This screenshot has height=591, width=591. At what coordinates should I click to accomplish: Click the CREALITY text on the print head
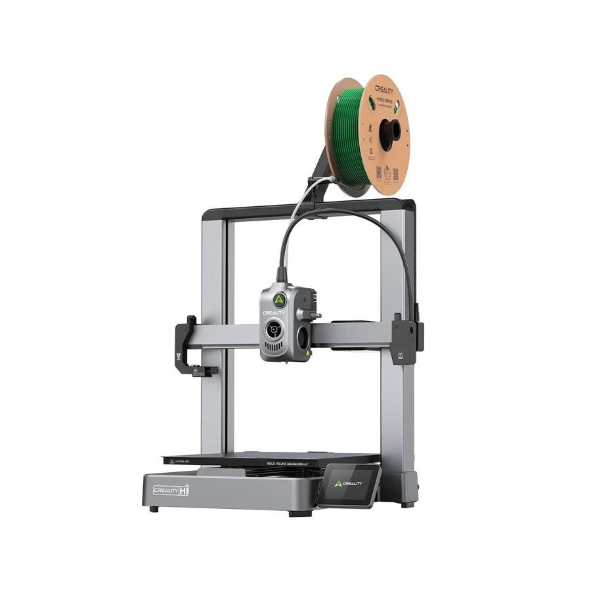coord(274,313)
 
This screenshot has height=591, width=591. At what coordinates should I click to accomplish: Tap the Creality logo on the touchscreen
coord(348,483)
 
